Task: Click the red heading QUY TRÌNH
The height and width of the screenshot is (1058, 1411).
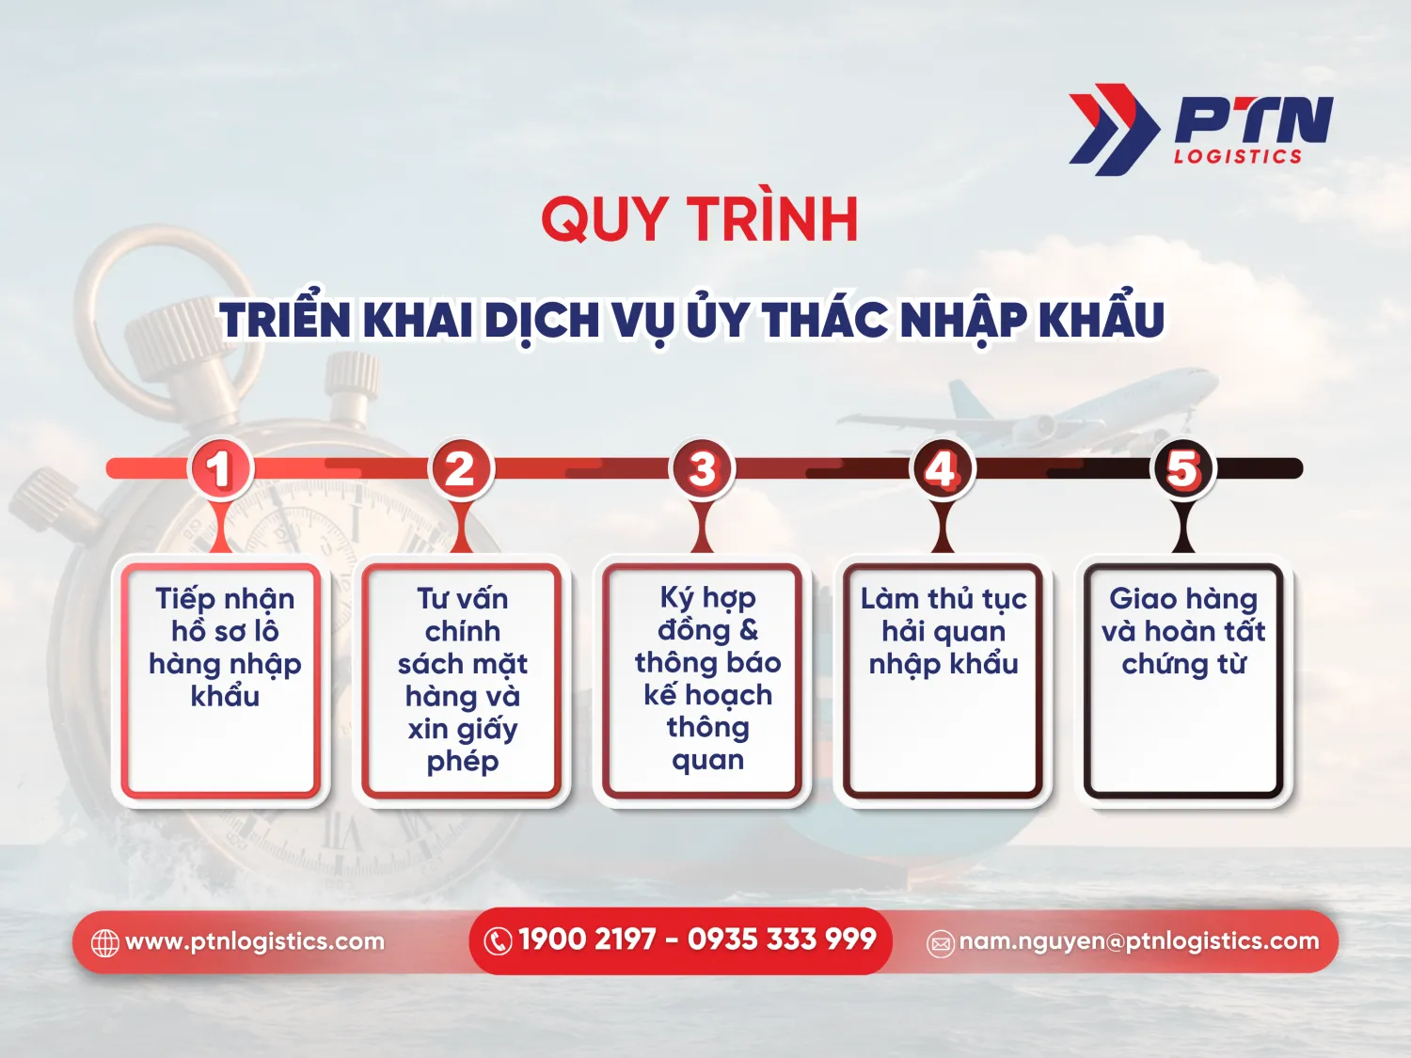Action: coord(699,220)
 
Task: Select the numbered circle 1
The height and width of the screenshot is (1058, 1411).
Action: coord(220,468)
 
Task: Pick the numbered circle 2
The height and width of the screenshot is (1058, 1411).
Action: coord(460,468)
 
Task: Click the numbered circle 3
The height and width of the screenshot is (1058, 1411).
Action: coord(702,468)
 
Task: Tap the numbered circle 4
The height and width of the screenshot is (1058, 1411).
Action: coord(942,468)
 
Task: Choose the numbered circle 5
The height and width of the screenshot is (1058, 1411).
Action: coord(1183,468)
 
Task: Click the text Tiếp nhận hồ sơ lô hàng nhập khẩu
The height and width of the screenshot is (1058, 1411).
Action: coord(225,647)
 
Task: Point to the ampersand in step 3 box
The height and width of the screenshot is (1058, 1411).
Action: coord(749,630)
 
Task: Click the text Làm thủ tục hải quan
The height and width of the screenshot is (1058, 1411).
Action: coord(943,615)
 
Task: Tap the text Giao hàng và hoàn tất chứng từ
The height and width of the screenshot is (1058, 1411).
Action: coord(1183,631)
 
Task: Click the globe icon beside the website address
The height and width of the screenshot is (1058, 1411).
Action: coord(104,942)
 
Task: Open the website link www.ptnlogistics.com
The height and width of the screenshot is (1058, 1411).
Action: coord(255,941)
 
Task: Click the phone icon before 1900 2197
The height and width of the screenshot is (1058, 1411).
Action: coord(497,940)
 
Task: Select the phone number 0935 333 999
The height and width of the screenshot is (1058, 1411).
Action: coord(782,940)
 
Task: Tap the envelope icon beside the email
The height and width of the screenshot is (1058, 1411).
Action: coord(941,943)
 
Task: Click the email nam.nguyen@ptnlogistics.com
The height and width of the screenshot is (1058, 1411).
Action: coord(1139,941)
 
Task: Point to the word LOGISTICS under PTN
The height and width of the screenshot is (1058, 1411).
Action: coord(1237,156)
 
